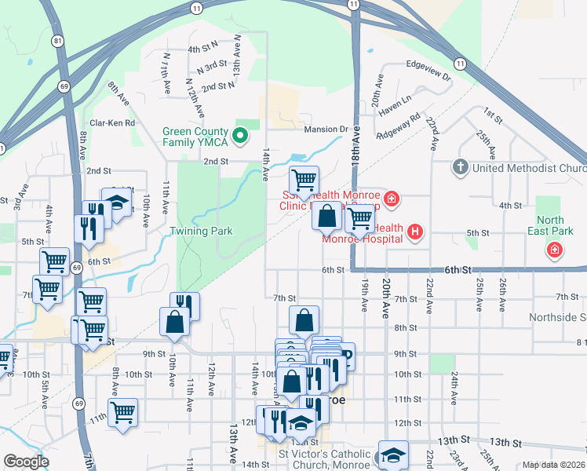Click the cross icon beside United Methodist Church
(461, 167)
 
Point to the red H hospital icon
(416, 232)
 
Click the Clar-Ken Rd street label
(112, 123)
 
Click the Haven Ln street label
(395, 100)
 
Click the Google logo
(25, 462)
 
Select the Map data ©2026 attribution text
(553, 465)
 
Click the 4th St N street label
(202, 49)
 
